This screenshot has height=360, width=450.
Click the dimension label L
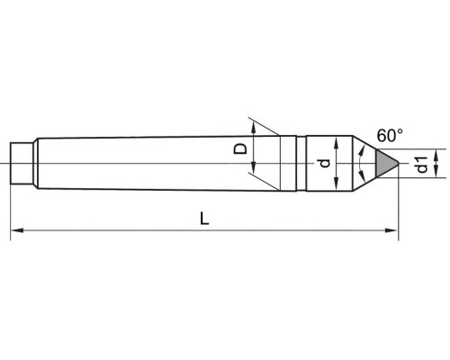tap(204, 219)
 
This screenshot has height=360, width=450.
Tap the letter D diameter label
tap(240, 149)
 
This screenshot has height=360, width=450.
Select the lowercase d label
tap(325, 163)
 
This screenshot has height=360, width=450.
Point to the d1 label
tap(422, 165)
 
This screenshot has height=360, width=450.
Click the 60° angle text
tap(390, 136)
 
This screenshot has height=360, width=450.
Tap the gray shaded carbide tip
tap(386, 163)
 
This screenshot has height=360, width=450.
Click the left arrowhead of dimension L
tap(17, 230)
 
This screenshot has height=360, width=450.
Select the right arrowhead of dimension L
tap(392, 230)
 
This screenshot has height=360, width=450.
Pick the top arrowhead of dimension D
tap(254, 129)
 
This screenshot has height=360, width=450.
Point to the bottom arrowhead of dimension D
tap(254, 167)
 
